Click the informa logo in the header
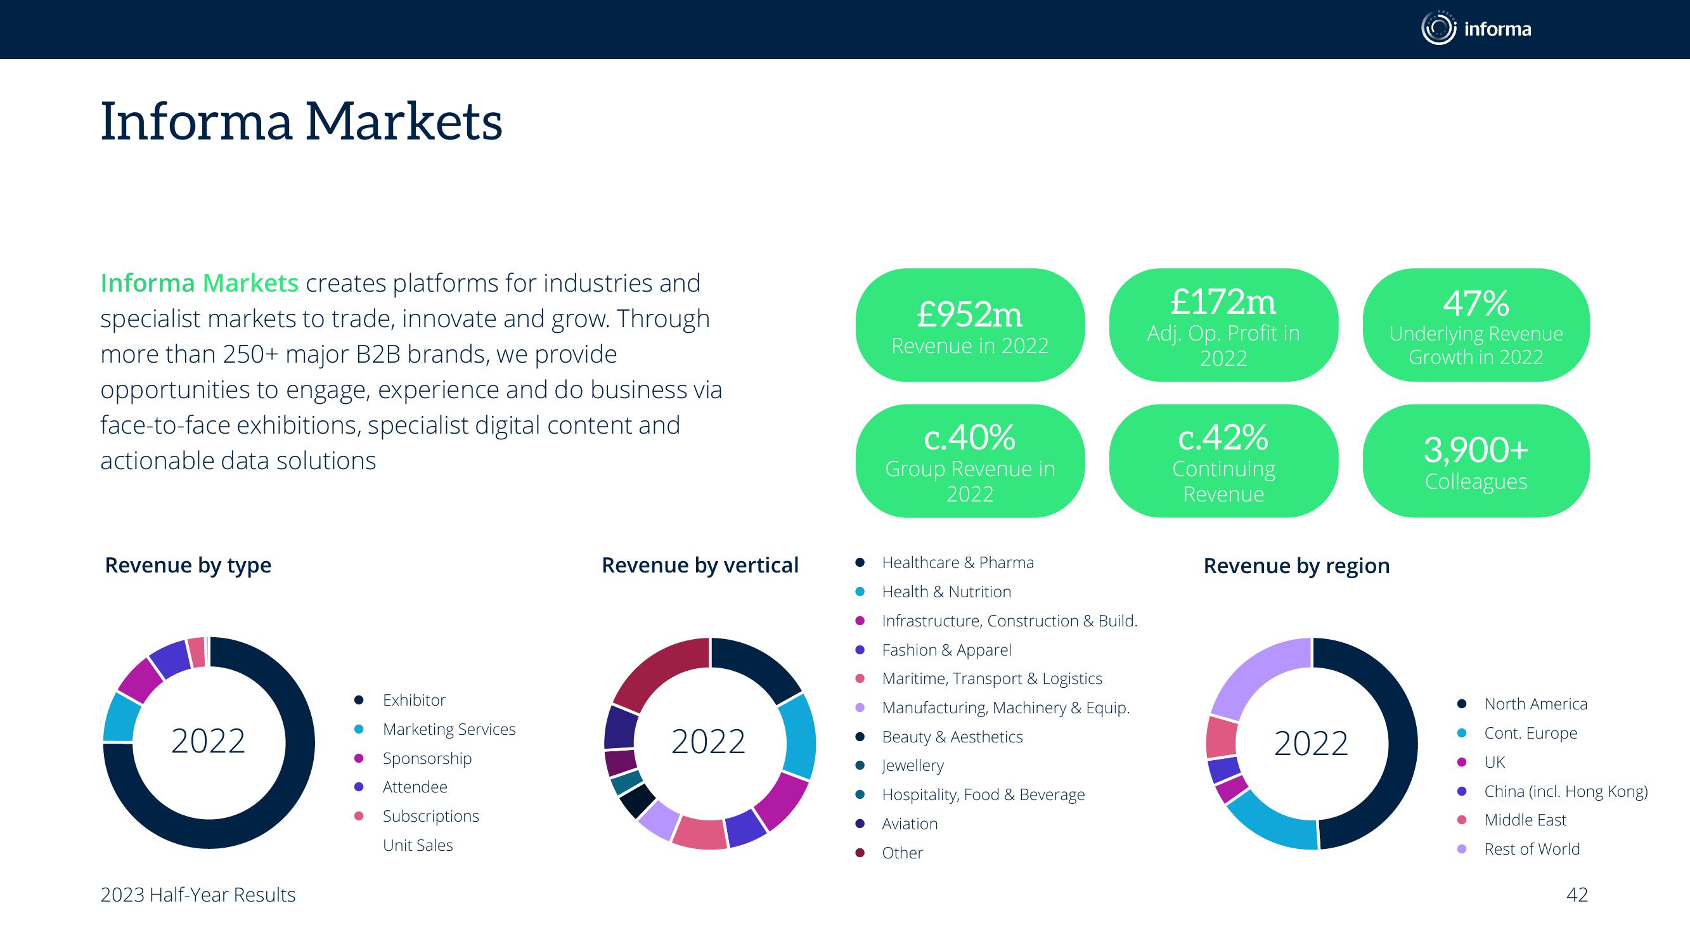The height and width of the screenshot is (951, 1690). point(1476,29)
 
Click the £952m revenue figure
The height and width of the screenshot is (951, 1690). point(969,314)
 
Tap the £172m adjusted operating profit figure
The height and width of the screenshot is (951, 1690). point(1223,302)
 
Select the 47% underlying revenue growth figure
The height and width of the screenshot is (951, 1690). point(1476,303)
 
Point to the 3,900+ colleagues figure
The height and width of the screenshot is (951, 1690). point(1476,450)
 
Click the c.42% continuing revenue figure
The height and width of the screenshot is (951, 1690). point(1223,437)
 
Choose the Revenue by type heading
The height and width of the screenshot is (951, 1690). point(188,565)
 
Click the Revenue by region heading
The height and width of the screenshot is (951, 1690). point(1296,566)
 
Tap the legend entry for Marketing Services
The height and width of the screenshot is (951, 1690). point(449,729)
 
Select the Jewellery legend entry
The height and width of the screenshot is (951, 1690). point(913,765)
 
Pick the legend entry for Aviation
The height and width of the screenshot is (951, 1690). point(909,824)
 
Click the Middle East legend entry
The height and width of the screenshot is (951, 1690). point(1525,820)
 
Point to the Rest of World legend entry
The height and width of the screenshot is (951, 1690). point(1532,849)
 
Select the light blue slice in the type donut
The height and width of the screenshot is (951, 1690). point(120,717)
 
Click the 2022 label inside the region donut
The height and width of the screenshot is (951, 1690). point(1311,743)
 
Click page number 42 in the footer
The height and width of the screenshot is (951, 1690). point(1577,895)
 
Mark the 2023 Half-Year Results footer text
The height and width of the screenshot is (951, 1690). point(198,895)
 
